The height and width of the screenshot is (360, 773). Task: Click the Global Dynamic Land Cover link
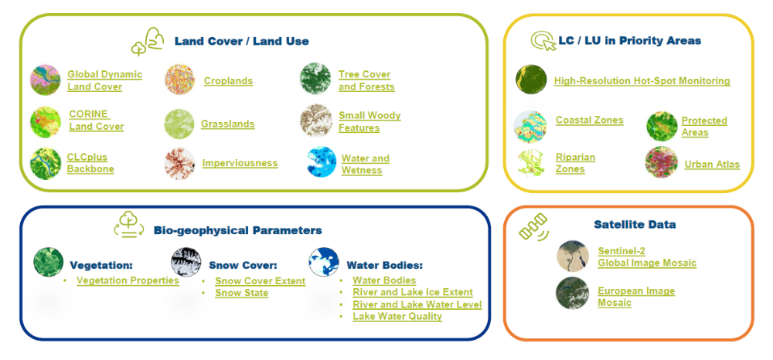104,81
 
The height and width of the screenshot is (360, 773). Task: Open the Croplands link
228,81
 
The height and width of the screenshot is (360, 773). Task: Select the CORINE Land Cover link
96,121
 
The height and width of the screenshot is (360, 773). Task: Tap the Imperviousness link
240,163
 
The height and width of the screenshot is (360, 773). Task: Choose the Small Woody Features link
369,121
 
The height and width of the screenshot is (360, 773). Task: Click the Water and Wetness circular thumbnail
322,161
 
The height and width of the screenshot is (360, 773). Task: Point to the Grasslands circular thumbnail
179,124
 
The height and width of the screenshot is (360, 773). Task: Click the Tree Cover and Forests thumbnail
315,79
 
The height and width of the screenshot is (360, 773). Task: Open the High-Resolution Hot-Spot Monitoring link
642,81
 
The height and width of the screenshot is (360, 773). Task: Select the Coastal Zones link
590,121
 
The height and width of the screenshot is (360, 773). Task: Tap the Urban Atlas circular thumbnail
661,162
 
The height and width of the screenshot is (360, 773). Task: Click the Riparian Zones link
575,163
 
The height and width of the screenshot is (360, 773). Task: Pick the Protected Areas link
704,127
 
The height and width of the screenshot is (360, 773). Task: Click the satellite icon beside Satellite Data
533,227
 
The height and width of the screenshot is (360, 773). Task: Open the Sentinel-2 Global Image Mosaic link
647,257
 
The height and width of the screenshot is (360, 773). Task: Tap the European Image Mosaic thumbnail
572,293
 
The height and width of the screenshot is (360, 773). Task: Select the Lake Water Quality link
397,316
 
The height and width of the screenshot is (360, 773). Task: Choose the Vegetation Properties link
128,280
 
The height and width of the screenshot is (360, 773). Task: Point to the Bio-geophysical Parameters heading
237,230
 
